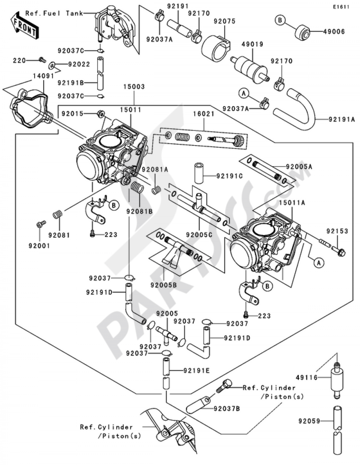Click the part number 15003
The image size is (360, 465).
[x=134, y=87]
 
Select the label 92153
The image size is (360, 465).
[x=337, y=231]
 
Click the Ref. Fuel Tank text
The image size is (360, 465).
[x=54, y=13]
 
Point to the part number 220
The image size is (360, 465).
[x=19, y=61]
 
